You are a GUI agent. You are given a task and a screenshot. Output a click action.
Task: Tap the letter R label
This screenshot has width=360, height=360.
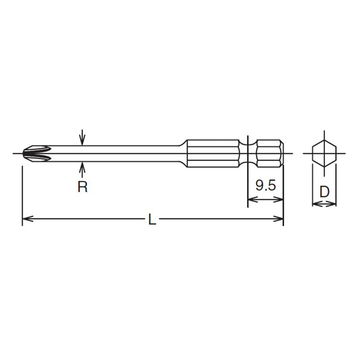coord(82,187)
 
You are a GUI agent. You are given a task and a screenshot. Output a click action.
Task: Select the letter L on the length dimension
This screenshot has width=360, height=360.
coord(153,220)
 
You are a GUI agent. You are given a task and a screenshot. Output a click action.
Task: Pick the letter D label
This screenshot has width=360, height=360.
coord(324,192)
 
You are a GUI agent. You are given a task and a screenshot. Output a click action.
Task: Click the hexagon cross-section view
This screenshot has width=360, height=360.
coord(324,153)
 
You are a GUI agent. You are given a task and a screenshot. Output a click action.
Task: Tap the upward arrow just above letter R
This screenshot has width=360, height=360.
coord(82,168)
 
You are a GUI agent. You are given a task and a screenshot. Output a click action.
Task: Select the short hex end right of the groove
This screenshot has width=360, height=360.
coord(269,153)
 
